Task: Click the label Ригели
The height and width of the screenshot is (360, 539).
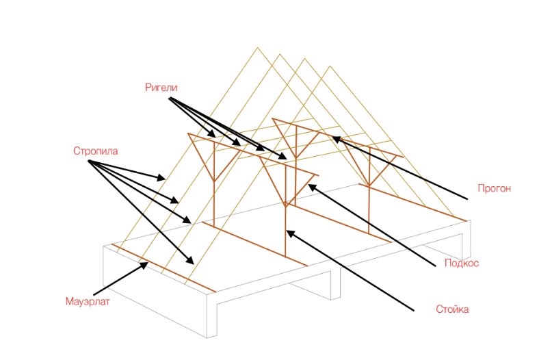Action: click(x=161, y=88)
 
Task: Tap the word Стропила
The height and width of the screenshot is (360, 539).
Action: click(x=96, y=151)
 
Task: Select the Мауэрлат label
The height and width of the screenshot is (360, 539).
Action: click(x=88, y=302)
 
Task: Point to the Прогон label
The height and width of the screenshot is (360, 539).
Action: click(x=495, y=188)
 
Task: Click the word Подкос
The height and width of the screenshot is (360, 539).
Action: click(x=462, y=263)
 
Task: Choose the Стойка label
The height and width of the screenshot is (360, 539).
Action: click(x=452, y=309)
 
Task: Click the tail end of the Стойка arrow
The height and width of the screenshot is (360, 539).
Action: click(x=414, y=311)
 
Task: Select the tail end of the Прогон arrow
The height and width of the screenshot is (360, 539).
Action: click(x=467, y=198)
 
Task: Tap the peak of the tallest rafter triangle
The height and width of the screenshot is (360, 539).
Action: click(x=257, y=47)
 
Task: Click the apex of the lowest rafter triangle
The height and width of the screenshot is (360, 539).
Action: click(x=330, y=66)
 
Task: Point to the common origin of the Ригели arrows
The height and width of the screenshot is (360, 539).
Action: click(x=169, y=98)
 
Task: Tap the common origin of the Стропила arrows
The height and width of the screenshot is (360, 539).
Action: click(x=89, y=161)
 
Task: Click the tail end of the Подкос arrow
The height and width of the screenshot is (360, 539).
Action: click(x=435, y=266)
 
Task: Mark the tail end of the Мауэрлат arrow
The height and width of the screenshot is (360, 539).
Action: click(x=94, y=295)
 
